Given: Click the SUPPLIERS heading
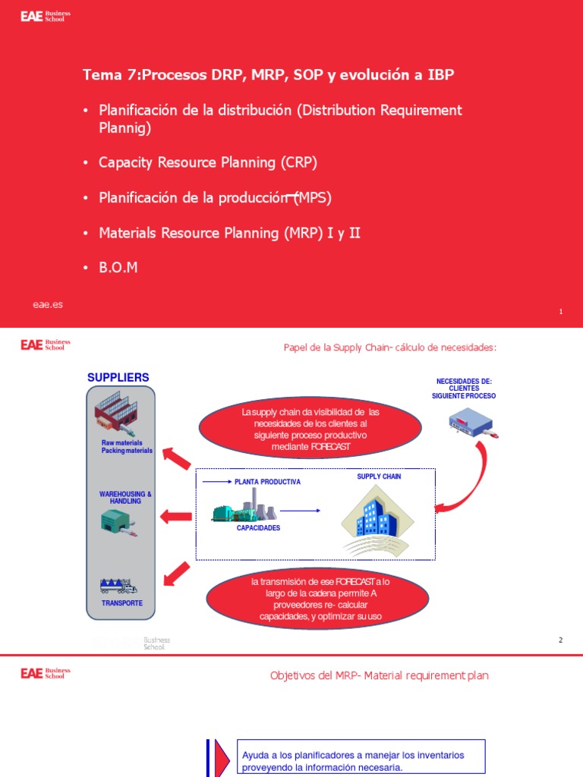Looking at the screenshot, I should click(x=118, y=377).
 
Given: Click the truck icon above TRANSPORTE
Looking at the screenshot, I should click(x=118, y=586).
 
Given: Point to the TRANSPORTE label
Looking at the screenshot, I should click(x=122, y=603).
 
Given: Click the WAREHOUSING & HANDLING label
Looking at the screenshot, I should click(x=126, y=498).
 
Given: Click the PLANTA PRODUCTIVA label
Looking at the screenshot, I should click(x=267, y=482).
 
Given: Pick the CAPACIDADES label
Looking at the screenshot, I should click(x=258, y=527).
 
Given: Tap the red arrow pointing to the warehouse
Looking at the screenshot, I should click(x=175, y=517).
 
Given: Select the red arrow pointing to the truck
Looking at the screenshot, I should click(x=176, y=574).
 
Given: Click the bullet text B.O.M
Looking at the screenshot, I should click(x=119, y=268).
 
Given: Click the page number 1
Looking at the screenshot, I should click(x=560, y=312).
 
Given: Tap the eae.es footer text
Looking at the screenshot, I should click(x=47, y=304).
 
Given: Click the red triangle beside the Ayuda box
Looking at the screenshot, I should click(x=221, y=757).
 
